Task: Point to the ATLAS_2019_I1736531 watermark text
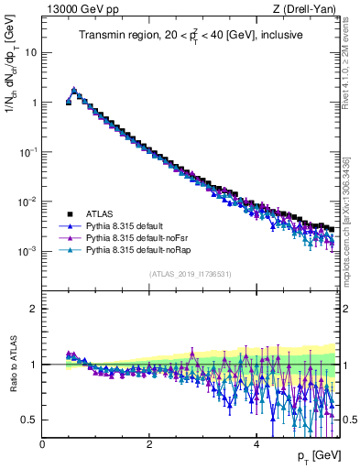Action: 191,274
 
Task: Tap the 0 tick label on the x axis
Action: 43,444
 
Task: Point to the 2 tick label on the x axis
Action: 149,444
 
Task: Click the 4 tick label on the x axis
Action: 256,444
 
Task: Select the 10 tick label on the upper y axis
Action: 30,52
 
